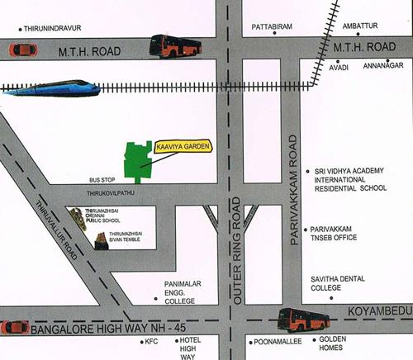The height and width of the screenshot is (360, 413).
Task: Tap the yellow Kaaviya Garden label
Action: [x=183, y=146]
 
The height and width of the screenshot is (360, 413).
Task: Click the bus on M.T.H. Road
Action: [x=175, y=46]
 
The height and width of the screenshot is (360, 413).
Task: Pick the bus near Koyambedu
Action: [x=303, y=318]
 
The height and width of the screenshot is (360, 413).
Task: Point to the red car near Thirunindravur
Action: [x=23, y=50]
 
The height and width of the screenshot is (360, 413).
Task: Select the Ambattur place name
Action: [x=360, y=26]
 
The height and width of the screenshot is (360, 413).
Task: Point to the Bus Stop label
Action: [x=105, y=178]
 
